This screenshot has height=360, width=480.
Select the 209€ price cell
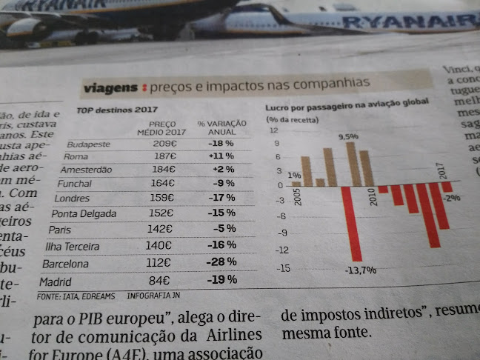(x=164, y=143)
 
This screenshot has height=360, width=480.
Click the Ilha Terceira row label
(x=76, y=246)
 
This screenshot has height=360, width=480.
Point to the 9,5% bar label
(x=348, y=136)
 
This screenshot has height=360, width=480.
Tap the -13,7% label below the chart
(x=360, y=270)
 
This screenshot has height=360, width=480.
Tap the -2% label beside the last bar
(x=452, y=198)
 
